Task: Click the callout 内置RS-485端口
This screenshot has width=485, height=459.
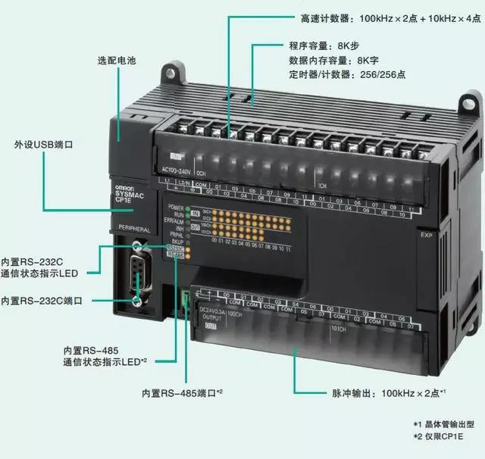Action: pyautogui.click(x=182, y=392)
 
